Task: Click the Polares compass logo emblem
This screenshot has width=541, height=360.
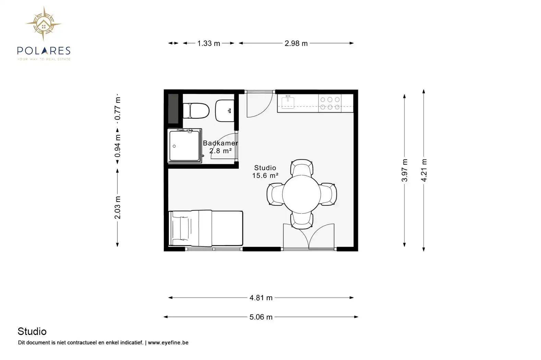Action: (44, 24)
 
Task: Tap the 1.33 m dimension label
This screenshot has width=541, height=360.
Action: (209, 44)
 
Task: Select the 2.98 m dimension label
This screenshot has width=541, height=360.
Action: (296, 44)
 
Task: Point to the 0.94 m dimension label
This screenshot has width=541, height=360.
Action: (117, 146)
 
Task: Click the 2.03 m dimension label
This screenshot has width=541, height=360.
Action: (117, 207)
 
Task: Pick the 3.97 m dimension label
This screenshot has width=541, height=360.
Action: (405, 170)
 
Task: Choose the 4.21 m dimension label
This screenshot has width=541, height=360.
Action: (424, 170)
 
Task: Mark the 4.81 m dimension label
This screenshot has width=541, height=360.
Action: (261, 298)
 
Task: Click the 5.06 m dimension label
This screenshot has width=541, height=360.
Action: (261, 317)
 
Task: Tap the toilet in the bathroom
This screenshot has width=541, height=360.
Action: (196, 111)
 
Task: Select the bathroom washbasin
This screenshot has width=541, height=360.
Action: (225, 111)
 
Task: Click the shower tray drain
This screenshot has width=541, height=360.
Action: (174, 146)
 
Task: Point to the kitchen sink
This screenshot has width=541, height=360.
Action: (288, 102)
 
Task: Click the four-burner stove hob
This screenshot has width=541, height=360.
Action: (330, 104)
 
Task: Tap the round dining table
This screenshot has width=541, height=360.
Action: (301, 194)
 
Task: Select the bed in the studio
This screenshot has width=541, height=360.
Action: (206, 228)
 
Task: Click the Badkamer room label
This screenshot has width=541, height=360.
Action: (220, 143)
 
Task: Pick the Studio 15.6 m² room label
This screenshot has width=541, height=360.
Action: (265, 171)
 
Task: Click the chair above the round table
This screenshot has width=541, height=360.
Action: (302, 167)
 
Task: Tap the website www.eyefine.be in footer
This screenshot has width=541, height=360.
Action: (168, 343)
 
